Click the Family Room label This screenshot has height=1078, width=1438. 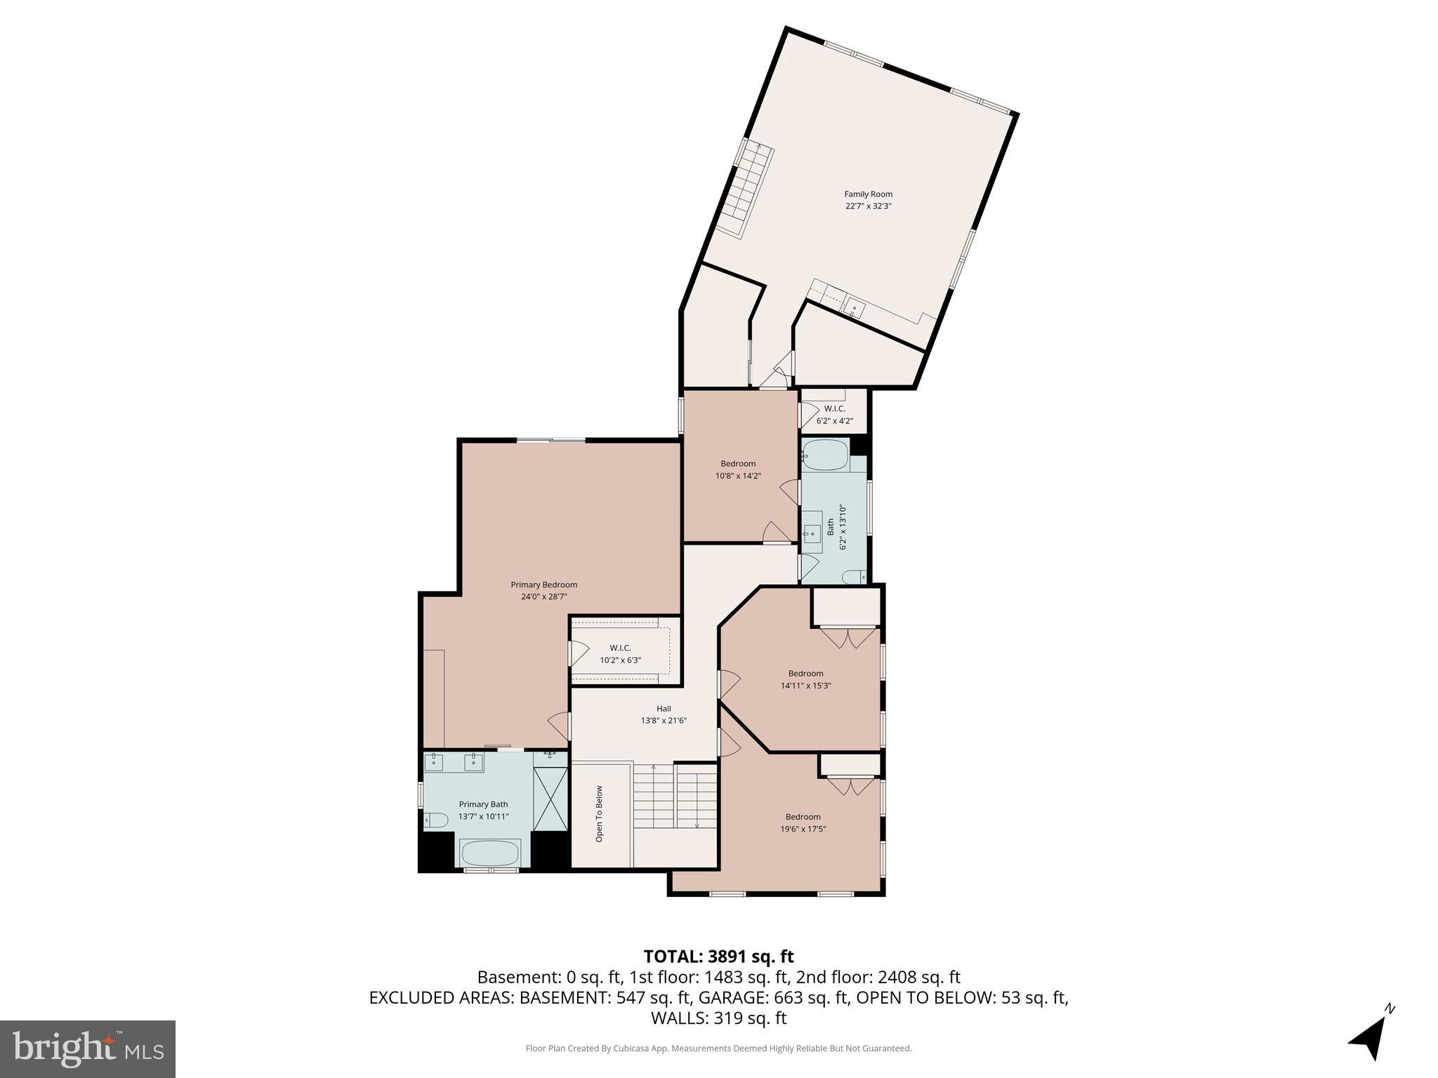[x=868, y=194]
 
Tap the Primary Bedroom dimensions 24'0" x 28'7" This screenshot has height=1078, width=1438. [x=543, y=597]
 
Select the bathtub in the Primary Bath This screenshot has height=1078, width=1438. [x=490, y=853]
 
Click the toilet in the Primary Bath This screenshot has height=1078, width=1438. [x=436, y=820]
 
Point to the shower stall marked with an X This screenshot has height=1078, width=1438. [x=550, y=799]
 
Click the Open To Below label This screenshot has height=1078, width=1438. [x=599, y=813]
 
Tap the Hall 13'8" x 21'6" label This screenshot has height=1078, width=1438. [x=664, y=714]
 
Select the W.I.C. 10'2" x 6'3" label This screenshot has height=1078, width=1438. [x=620, y=654]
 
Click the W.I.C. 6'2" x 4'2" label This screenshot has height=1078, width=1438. [x=834, y=415]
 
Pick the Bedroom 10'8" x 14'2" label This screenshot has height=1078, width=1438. [x=738, y=470]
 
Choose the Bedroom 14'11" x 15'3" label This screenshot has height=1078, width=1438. [x=805, y=679]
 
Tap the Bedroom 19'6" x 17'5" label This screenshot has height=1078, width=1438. [x=803, y=823]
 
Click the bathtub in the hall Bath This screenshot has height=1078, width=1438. [x=826, y=455]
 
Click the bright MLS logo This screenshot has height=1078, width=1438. [x=88, y=1049]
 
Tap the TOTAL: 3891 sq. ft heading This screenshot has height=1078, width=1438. [x=718, y=957]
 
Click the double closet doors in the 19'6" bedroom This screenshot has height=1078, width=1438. [x=850, y=786]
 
